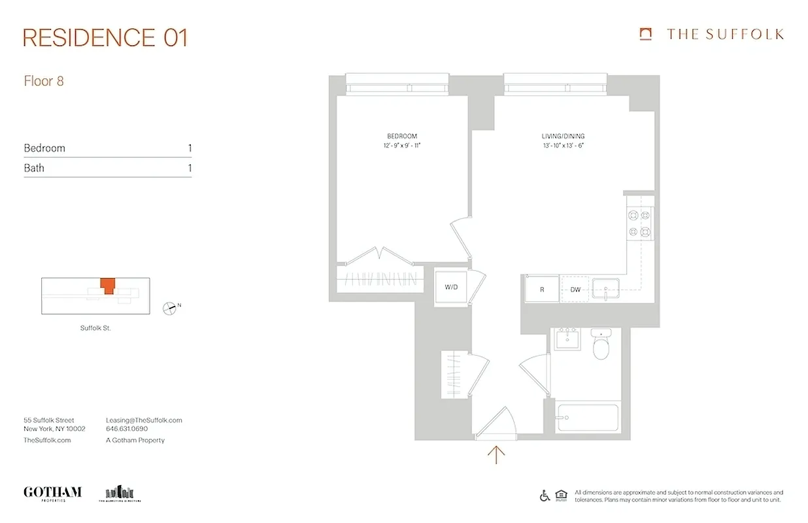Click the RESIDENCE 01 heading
pos(105,38)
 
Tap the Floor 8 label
pos(44,82)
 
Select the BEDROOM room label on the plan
pos(401,136)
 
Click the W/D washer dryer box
pos(452,287)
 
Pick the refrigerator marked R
pos(542,289)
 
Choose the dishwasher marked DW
pos(575,289)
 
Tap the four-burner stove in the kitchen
pos(639,223)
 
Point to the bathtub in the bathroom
pos(587,416)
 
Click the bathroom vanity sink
pos(566,339)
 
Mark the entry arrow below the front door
pos(497,454)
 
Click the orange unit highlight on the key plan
pos(107,286)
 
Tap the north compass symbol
pos(171,307)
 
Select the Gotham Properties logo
pos(52,493)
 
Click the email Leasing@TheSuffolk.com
pos(144,420)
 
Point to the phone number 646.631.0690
pos(127,429)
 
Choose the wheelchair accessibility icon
pos(545,496)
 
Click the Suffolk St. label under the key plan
pos(95,328)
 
